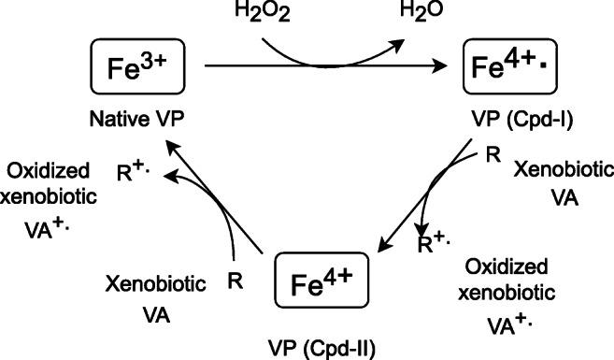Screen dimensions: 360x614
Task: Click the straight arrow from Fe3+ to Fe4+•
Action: pyautogui.click(x=327, y=67)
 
